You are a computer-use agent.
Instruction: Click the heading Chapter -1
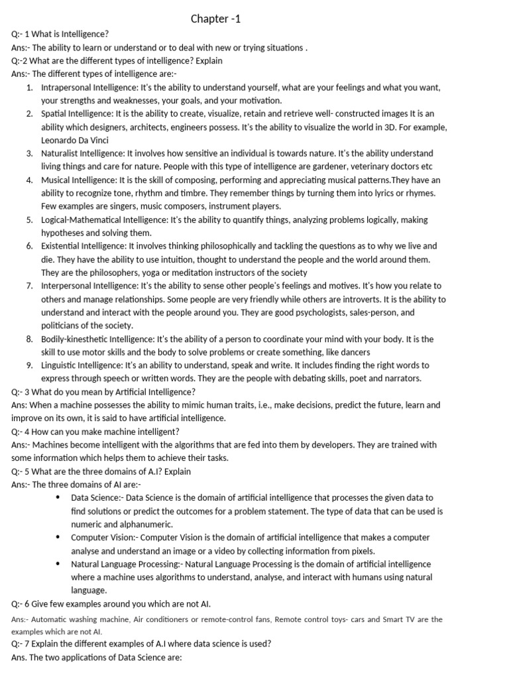click(x=216, y=19)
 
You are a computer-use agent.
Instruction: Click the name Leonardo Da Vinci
click(x=74, y=140)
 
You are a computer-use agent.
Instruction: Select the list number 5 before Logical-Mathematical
click(x=30, y=219)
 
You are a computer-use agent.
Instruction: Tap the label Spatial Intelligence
click(x=80, y=113)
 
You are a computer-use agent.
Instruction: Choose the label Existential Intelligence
click(x=84, y=246)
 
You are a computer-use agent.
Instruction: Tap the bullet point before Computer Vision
click(x=59, y=537)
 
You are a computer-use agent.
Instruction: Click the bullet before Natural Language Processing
click(x=59, y=564)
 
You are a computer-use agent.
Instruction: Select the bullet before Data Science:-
click(x=59, y=497)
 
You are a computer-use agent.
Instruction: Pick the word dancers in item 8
click(x=353, y=352)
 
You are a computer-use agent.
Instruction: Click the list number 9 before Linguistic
click(x=30, y=365)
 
